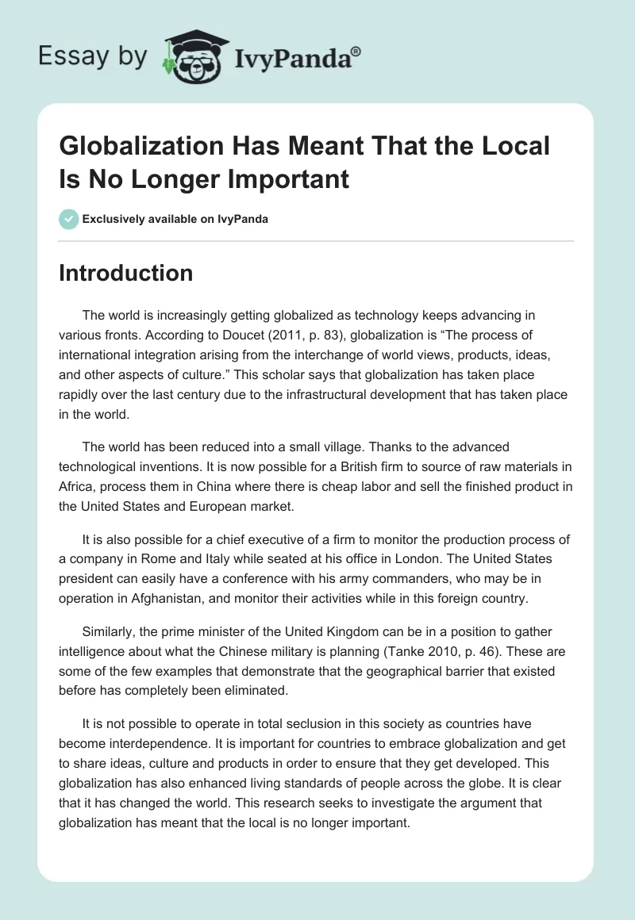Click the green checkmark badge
(x=68, y=219)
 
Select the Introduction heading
(x=125, y=273)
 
